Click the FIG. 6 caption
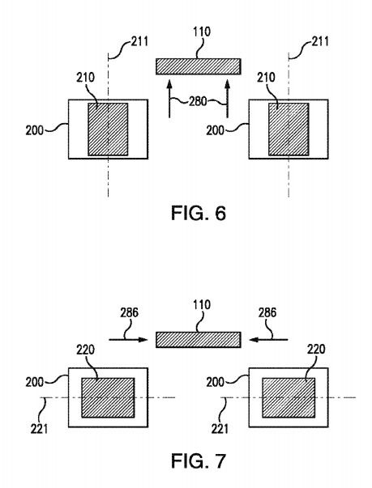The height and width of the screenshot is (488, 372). pyautogui.click(x=199, y=213)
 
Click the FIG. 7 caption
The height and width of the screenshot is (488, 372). pyautogui.click(x=199, y=461)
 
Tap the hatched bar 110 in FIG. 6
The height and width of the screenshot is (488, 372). pyautogui.click(x=198, y=66)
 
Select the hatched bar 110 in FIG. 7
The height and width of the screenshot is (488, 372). pyautogui.click(x=198, y=340)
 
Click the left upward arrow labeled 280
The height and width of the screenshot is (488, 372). pyautogui.click(x=169, y=99)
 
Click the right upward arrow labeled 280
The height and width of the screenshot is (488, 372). pyautogui.click(x=228, y=99)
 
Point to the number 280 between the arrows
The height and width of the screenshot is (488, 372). pyautogui.click(x=198, y=101)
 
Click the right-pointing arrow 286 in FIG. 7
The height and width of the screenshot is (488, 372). pyautogui.click(x=128, y=340)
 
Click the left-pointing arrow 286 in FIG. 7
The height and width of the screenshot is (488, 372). pyautogui.click(x=269, y=340)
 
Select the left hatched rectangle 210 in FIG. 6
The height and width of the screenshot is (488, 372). pyautogui.click(x=108, y=129)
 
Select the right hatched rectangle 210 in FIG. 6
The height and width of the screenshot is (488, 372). pyautogui.click(x=289, y=129)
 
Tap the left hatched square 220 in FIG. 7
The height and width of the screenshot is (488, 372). pyautogui.click(x=108, y=397)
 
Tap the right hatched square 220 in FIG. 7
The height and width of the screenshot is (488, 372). pyautogui.click(x=289, y=397)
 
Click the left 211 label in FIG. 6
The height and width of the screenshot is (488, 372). pyautogui.click(x=139, y=41)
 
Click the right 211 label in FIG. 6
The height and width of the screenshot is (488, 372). pyautogui.click(x=319, y=41)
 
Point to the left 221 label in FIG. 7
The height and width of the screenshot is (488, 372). pyautogui.click(x=39, y=429)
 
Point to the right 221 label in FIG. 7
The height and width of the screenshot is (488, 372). pyautogui.click(x=220, y=429)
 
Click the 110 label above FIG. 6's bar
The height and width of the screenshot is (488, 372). pyautogui.click(x=202, y=32)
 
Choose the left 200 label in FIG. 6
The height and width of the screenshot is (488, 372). pyautogui.click(x=35, y=130)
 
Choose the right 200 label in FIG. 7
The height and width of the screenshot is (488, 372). pyautogui.click(x=216, y=382)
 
